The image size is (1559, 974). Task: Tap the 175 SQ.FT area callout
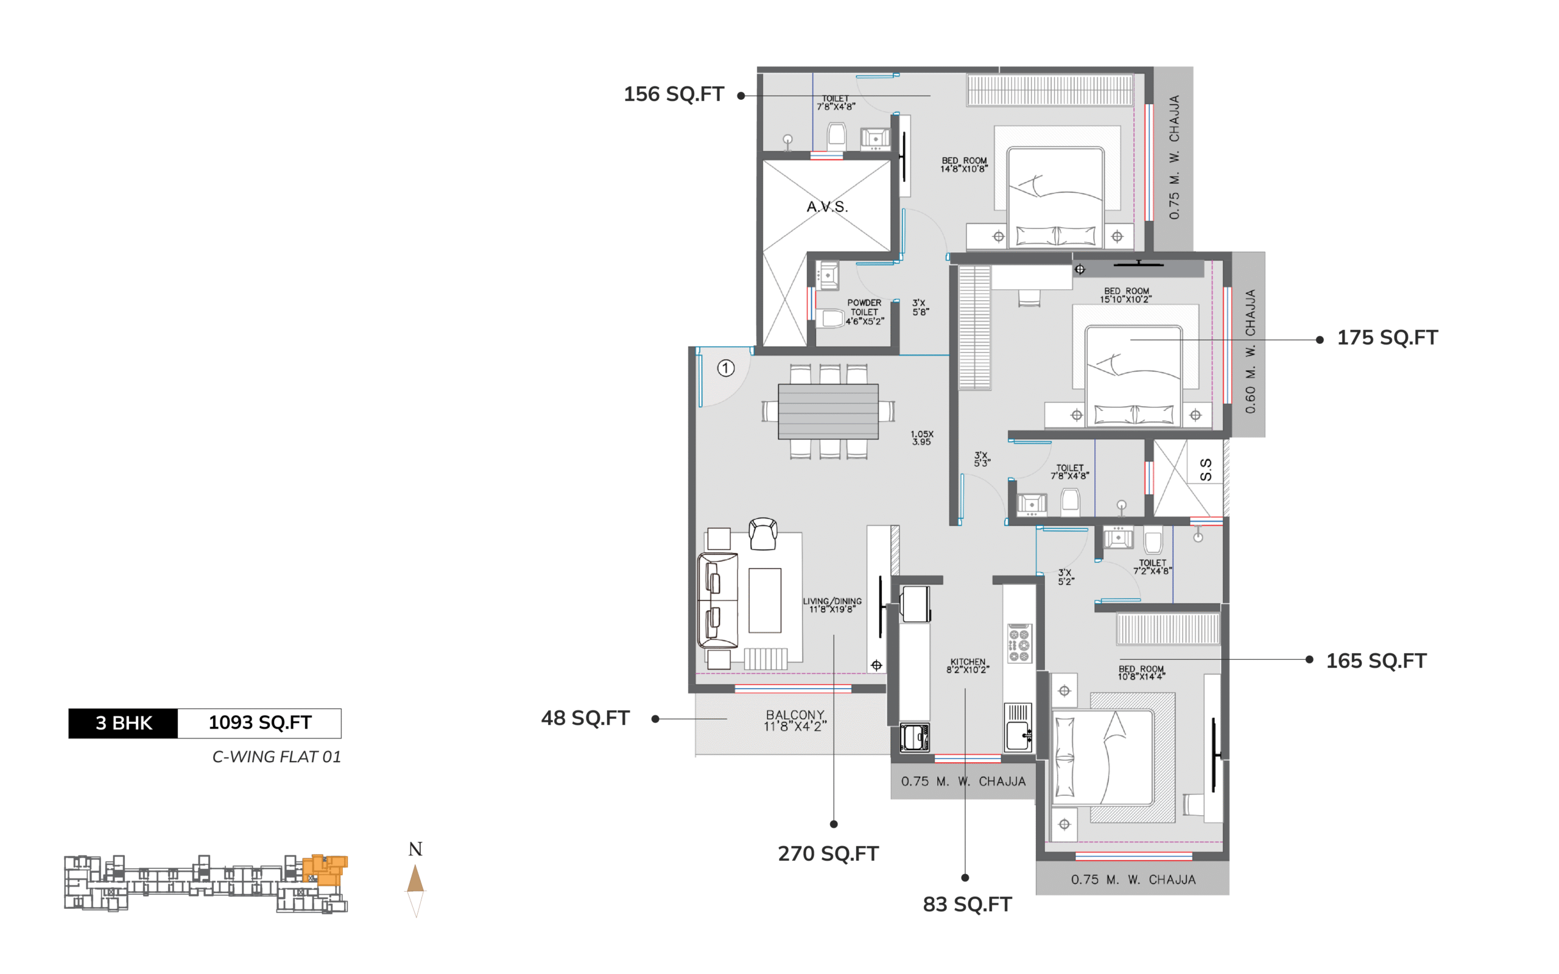tap(1387, 337)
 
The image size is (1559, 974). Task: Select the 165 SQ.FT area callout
tap(1376, 661)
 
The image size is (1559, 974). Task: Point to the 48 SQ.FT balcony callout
tap(585, 718)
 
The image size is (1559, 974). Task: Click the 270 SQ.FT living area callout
tap(828, 853)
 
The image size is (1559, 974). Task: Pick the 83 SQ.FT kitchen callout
tap(967, 905)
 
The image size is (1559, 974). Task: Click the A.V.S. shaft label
tap(827, 207)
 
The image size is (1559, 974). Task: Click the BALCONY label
tap(795, 715)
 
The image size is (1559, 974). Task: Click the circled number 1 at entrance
tap(725, 368)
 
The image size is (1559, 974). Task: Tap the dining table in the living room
tap(828, 412)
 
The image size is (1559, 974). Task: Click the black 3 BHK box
tap(123, 723)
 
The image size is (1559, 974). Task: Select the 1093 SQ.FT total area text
tap(259, 723)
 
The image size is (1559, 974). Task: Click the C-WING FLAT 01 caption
tap(276, 757)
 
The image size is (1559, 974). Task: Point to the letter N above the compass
tap(415, 849)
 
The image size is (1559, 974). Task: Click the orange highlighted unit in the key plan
tap(325, 870)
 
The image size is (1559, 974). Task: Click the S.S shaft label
tap(1206, 469)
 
